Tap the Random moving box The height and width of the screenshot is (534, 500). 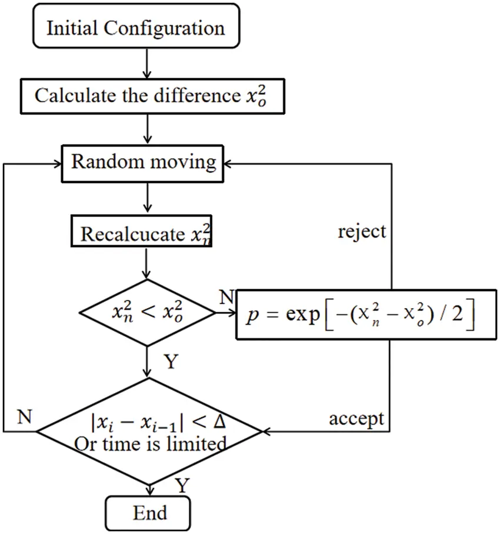pyautogui.click(x=144, y=162)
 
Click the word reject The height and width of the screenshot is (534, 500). pyautogui.click(x=362, y=231)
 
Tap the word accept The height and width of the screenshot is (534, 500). pyautogui.click(x=356, y=419)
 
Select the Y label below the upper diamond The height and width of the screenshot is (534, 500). pyautogui.click(x=170, y=361)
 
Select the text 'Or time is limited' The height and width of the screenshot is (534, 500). pyautogui.click(x=149, y=445)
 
